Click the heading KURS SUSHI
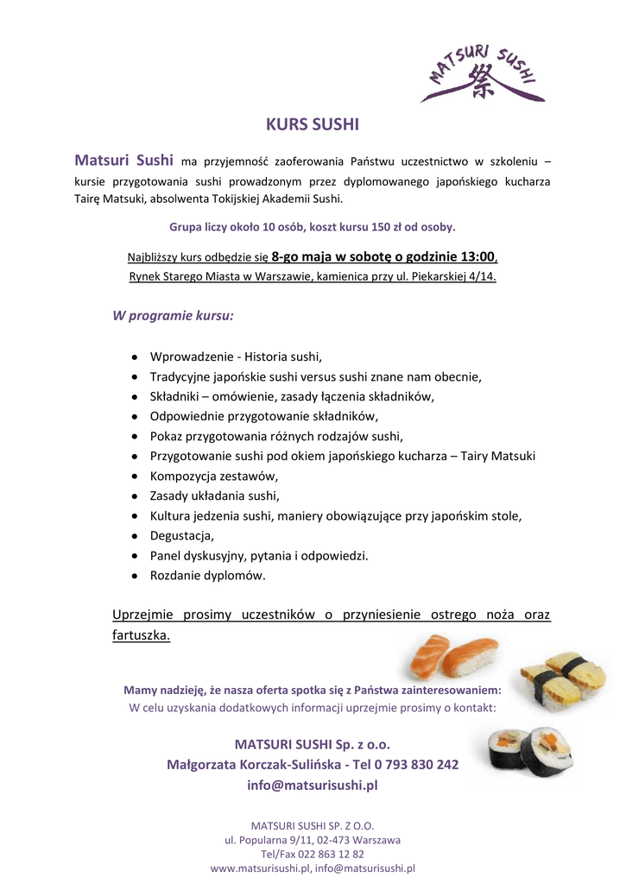(312, 124)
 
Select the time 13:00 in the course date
(476, 256)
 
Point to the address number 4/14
(480, 276)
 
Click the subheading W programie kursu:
(173, 315)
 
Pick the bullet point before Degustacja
(136, 535)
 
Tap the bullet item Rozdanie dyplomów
(208, 575)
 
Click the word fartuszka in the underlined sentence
(141, 635)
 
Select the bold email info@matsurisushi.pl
(313, 786)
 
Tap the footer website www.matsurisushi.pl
(261, 868)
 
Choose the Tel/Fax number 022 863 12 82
(329, 854)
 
